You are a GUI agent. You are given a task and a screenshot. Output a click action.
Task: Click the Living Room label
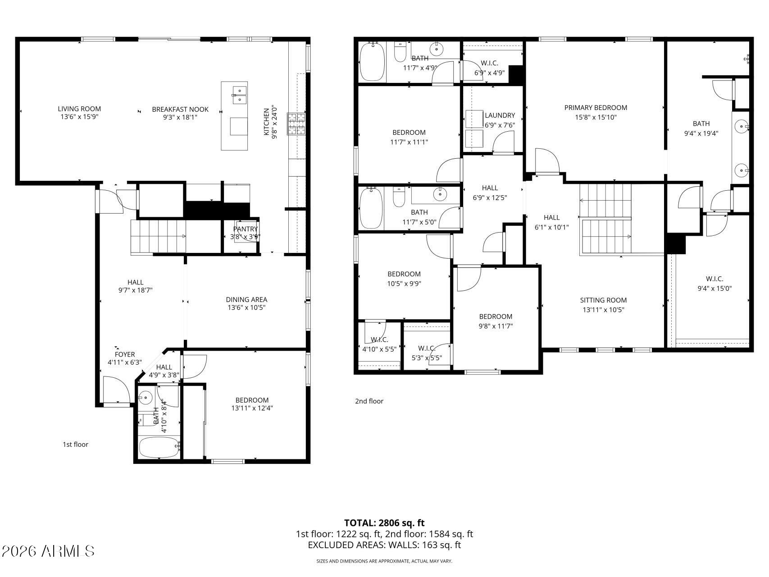79,109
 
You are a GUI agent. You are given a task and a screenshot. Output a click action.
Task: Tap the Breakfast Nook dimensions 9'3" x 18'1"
180,117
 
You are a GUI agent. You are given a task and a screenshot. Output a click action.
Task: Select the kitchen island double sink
239,95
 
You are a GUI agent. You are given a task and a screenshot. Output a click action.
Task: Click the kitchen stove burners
297,124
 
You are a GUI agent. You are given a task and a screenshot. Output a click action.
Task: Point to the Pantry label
246,229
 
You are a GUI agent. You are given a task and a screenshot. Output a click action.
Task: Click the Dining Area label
246,299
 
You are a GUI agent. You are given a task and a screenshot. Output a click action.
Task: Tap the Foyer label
125,354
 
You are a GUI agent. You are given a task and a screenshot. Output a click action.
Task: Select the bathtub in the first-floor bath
159,447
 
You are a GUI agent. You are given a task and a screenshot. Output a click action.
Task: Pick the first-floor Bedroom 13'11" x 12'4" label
252,400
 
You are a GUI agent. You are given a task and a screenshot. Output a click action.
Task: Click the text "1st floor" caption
75,444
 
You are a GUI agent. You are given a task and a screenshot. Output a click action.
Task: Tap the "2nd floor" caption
369,401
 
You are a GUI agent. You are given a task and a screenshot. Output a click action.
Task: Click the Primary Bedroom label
596,108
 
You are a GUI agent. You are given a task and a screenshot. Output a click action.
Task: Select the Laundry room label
500,115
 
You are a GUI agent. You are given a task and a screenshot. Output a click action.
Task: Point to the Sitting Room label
603,300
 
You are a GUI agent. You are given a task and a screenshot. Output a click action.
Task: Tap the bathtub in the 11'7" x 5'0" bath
372,208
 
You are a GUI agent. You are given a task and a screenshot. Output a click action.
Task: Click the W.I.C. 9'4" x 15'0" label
714,279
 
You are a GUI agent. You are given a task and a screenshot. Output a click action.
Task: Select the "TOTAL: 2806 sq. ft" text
384,523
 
